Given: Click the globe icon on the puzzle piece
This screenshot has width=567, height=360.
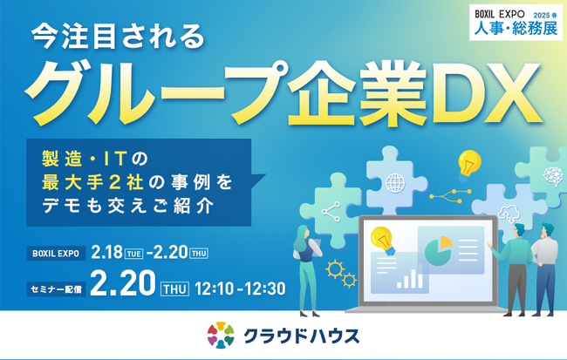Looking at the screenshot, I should pyautogui.click(x=395, y=184).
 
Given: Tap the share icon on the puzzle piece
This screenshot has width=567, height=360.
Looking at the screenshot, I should pyautogui.click(x=330, y=211).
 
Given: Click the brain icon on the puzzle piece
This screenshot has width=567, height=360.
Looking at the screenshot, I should pyautogui.click(x=550, y=175).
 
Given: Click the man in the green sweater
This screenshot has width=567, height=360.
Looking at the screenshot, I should pyautogui.click(x=516, y=262).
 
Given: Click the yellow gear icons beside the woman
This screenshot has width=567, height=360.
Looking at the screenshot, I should pyautogui.click(x=339, y=274).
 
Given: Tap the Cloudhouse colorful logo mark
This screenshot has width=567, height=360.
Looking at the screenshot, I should pyautogui.click(x=221, y=336).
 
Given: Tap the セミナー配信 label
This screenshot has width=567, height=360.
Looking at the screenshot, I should pyautogui.click(x=56, y=286).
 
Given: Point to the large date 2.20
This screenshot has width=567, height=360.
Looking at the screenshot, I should pyautogui.click(x=122, y=284).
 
